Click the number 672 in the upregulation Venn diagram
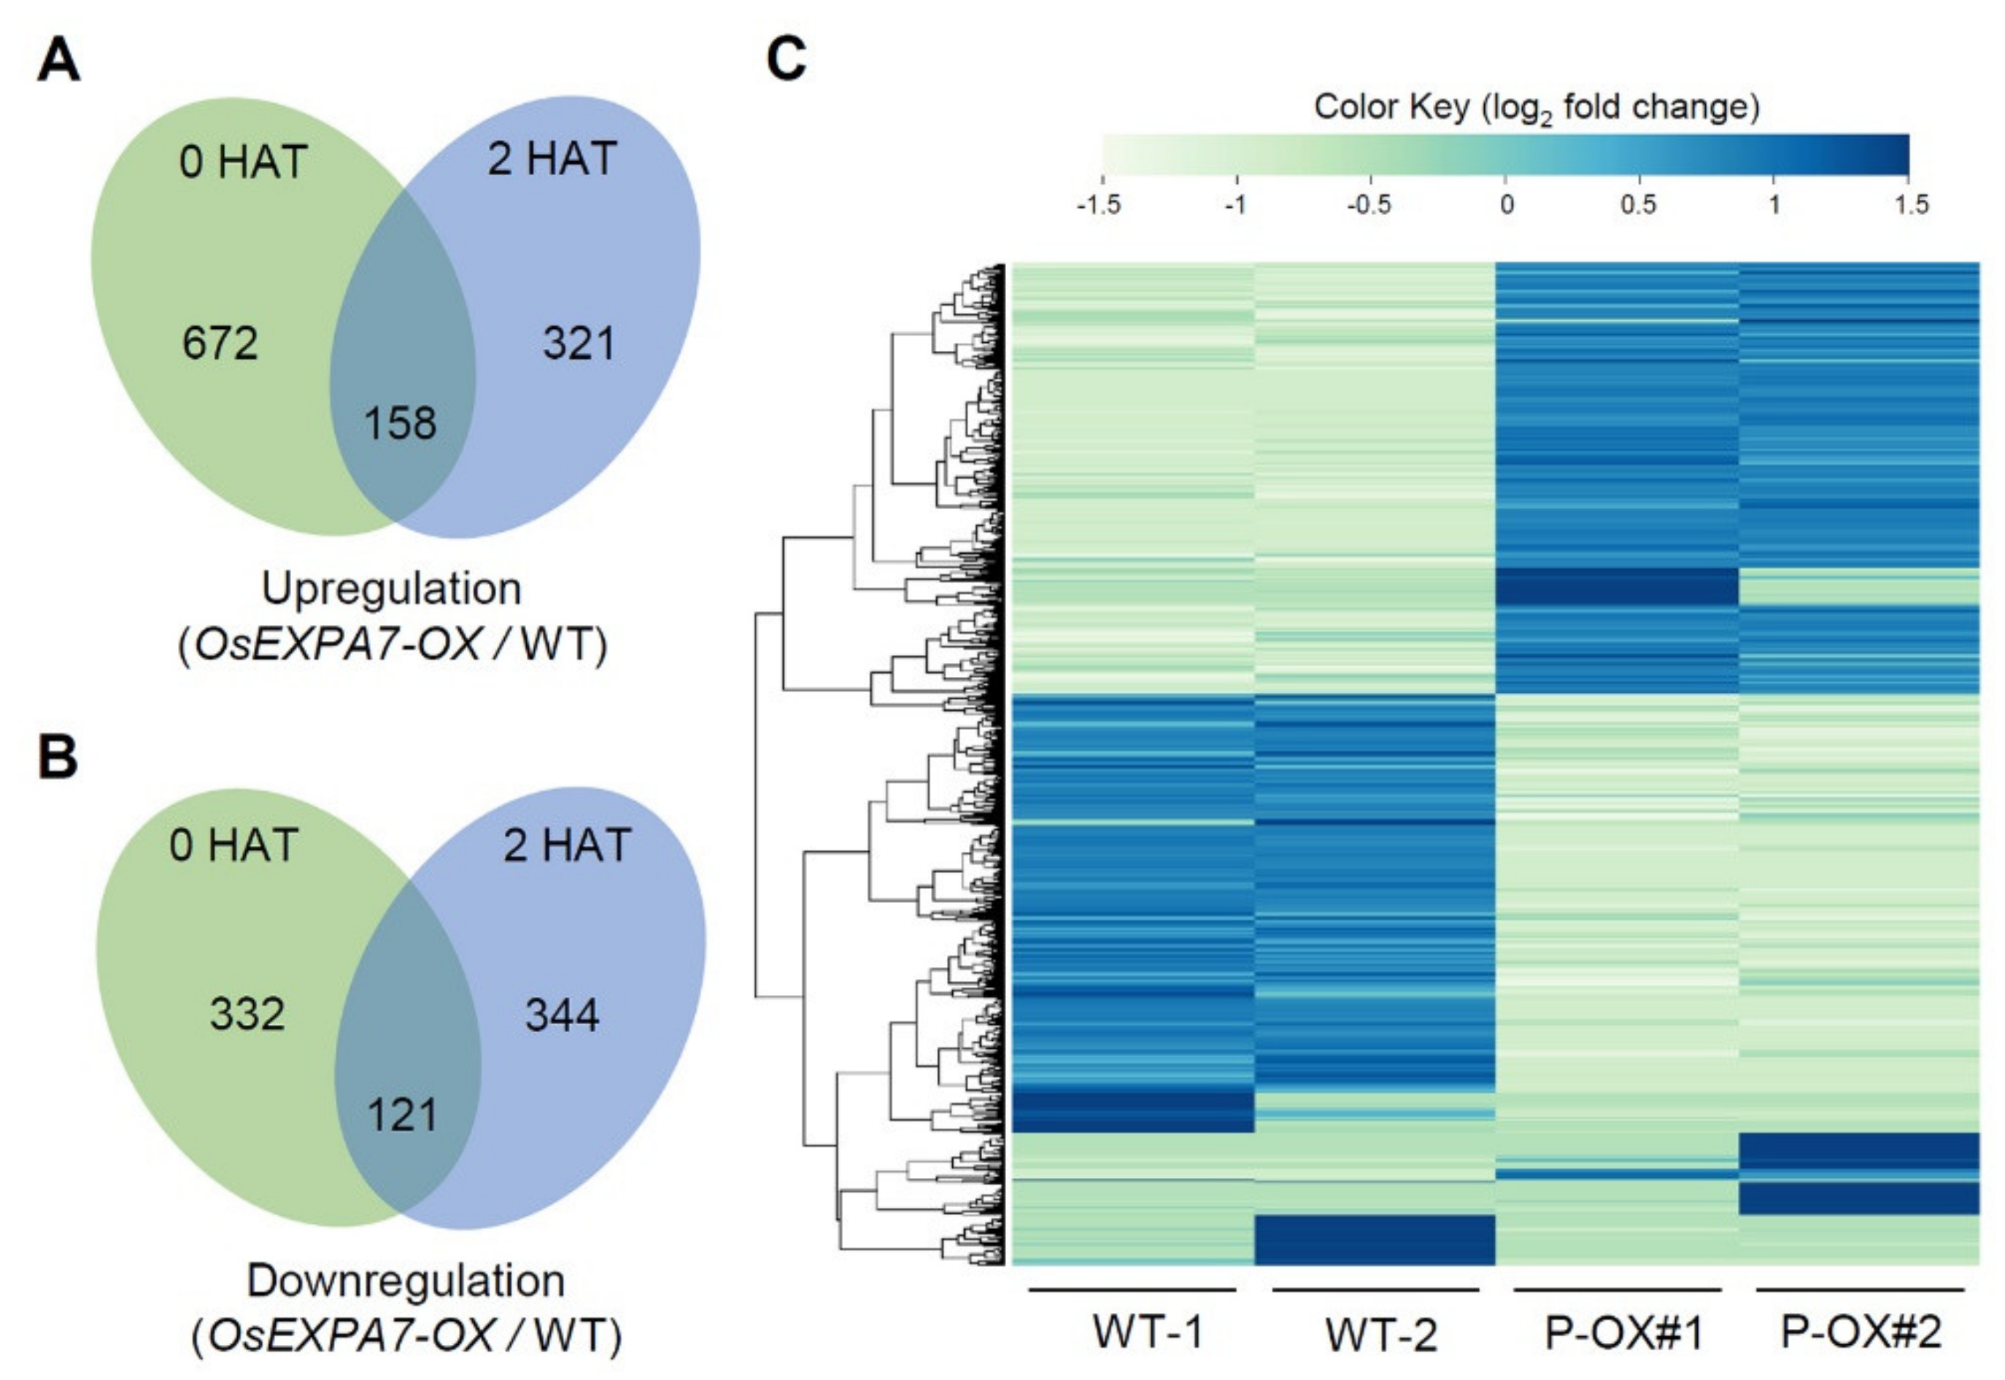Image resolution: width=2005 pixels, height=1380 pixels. tap(220, 344)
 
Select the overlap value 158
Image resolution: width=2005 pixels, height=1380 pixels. tap(401, 423)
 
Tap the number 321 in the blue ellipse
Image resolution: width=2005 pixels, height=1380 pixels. tap(579, 344)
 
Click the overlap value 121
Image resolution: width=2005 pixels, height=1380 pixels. tap(403, 1115)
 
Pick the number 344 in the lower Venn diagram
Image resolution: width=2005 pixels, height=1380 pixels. tap(563, 1015)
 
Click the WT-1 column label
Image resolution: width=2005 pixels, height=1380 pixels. tap(1148, 1333)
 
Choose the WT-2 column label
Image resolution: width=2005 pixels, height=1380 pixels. tap(1381, 1335)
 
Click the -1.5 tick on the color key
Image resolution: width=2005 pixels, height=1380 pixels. tap(1099, 205)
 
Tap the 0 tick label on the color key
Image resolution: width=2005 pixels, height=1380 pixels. tap(1507, 205)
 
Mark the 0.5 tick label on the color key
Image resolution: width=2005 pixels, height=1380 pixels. tap(1638, 205)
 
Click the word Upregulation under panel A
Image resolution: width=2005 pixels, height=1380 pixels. tap(392, 589)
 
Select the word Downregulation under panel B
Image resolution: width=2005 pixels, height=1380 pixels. tap(406, 1282)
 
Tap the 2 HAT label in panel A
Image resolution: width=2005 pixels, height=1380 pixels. tap(552, 159)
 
